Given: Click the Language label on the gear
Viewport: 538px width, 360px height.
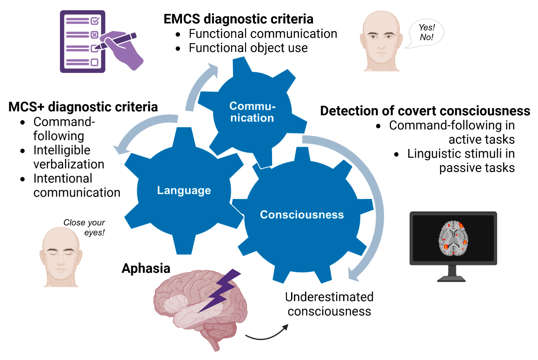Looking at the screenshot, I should click(x=184, y=190).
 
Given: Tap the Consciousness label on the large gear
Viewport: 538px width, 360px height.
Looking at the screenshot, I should click(x=302, y=215).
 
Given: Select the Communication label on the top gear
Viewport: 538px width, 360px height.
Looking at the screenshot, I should click(x=252, y=112).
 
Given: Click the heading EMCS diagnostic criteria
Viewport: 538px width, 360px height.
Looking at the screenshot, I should click(x=238, y=19).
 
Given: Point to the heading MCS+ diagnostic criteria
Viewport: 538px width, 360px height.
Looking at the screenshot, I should click(x=83, y=107).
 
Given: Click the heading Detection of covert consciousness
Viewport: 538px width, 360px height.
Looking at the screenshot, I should click(x=425, y=111).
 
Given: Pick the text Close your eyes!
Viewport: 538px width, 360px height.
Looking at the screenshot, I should click(x=84, y=227).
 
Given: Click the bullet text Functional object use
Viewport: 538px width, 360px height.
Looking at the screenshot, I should click(x=248, y=48).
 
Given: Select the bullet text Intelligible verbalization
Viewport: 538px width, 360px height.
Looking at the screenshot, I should click(x=69, y=157).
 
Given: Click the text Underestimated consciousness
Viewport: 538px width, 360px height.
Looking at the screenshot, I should click(x=329, y=304).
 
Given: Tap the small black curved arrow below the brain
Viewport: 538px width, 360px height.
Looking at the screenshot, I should click(x=266, y=333).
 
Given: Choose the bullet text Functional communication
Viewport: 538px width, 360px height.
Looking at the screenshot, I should click(x=263, y=34).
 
